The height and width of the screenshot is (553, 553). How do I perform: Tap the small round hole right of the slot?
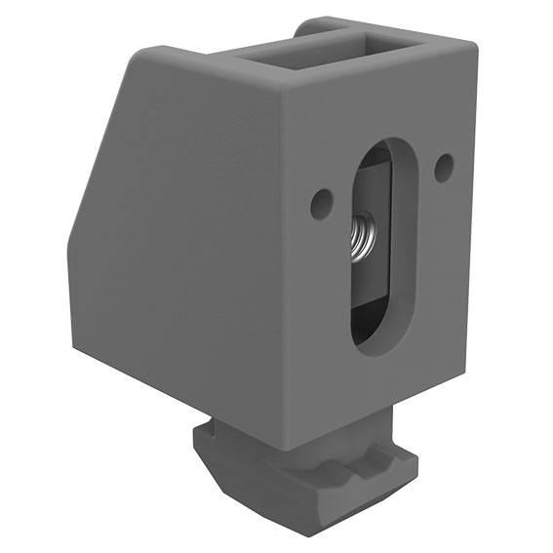coord(443,167)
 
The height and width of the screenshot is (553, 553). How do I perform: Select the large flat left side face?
coord(176,244)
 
